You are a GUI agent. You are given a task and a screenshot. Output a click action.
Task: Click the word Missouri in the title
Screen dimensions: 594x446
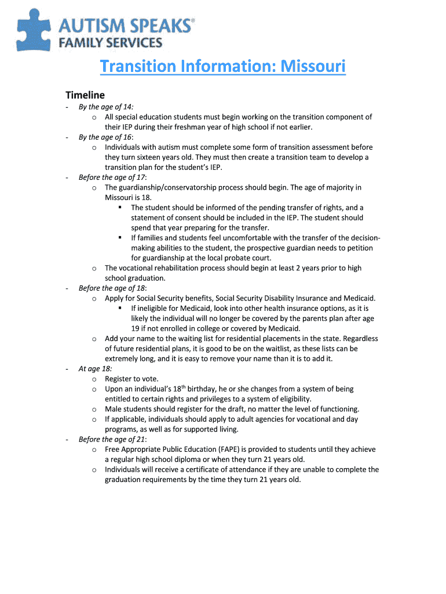pyautogui.click(x=313, y=66)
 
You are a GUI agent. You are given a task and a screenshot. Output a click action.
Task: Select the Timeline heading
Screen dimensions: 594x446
pyautogui.click(x=85, y=95)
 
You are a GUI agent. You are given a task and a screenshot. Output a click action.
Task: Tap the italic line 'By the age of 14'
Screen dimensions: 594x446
pyautogui.click(x=106, y=106)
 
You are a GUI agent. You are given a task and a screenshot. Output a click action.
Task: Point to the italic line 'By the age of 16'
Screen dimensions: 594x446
pyautogui.click(x=106, y=137)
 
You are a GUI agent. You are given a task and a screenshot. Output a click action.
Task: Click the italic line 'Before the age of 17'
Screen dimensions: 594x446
pyautogui.click(x=112, y=177)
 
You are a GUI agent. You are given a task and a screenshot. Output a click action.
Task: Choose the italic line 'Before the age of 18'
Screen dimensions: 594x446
pyautogui.click(x=112, y=288)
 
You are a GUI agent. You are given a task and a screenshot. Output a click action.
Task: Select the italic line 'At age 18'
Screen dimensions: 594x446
pyautogui.click(x=95, y=368)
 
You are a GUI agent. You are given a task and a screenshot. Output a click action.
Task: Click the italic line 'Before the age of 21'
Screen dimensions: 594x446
pyautogui.click(x=112, y=439)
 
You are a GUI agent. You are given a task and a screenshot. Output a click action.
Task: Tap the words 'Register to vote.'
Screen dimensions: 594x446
pyautogui.click(x=131, y=379)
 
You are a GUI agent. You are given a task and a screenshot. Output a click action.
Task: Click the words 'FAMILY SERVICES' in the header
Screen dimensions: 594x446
pyautogui.click(x=110, y=42)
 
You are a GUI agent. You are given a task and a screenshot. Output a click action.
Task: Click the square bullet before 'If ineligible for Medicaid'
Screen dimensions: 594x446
pyautogui.click(x=120, y=308)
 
